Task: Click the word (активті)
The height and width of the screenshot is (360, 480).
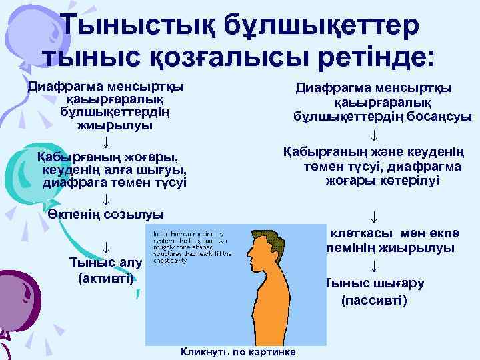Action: coord(105,277)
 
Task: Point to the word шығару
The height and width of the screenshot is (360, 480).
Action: coord(401,283)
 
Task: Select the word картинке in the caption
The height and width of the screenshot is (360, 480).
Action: coord(273,351)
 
